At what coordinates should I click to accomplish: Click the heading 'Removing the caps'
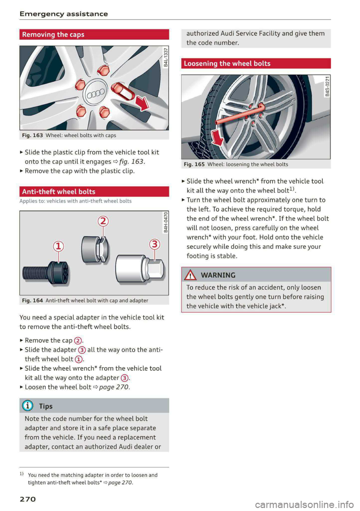click(x=53, y=34)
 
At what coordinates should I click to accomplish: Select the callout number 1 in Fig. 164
click(x=58, y=246)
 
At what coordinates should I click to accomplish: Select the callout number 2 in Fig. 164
click(x=103, y=221)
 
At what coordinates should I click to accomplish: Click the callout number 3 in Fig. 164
click(x=154, y=244)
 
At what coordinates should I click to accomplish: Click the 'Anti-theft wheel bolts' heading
click(x=59, y=192)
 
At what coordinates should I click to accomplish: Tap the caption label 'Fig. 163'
click(x=32, y=135)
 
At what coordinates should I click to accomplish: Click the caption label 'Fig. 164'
click(x=32, y=301)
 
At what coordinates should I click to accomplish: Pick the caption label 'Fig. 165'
click(x=194, y=164)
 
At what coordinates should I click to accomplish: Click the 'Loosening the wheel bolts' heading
click(x=227, y=63)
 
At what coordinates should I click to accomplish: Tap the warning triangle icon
click(x=190, y=275)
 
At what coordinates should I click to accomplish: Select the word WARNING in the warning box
click(x=218, y=275)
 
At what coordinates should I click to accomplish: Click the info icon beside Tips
click(x=28, y=406)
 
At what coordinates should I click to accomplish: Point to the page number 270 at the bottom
click(x=28, y=499)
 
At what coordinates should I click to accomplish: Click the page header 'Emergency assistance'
click(x=64, y=14)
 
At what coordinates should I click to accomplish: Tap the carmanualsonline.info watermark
click(x=304, y=505)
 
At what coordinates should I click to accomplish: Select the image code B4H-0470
click(x=166, y=222)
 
